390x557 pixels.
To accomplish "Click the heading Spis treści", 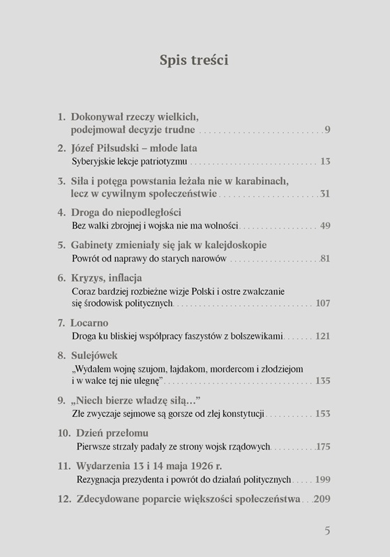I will coord(194,61).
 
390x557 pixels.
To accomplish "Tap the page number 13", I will coord(324,162).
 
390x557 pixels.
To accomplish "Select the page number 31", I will coord(324,194).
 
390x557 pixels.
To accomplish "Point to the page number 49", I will coord(324,226).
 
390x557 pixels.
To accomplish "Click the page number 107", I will coord(322,304).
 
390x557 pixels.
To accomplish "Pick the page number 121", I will coord(322,337).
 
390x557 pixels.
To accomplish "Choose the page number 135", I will coord(322,381).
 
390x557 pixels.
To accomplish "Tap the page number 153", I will coord(322,413).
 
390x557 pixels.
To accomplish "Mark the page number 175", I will coord(322,445).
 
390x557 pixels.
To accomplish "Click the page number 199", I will coord(322,479).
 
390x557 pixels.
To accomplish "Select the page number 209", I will coord(322,499).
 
